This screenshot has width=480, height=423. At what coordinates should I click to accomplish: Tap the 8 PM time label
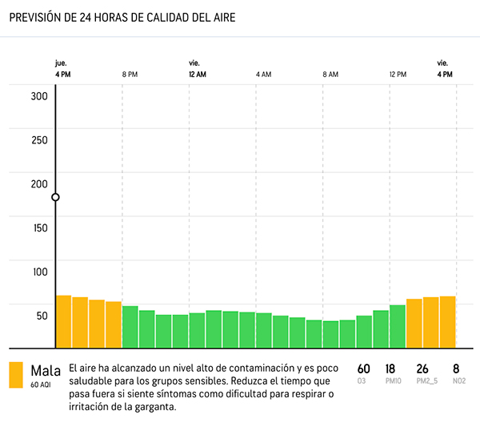tap(130, 74)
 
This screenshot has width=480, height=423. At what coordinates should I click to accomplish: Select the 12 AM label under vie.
tap(198, 74)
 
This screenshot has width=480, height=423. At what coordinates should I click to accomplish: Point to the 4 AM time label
tap(263, 74)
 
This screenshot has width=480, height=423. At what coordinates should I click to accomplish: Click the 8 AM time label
tap(330, 74)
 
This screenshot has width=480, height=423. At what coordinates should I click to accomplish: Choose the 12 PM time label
tap(398, 74)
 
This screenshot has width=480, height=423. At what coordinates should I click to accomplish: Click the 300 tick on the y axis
tap(39, 96)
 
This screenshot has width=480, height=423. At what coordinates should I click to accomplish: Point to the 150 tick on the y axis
tap(39, 228)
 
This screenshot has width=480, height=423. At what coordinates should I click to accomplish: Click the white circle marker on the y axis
tap(55, 197)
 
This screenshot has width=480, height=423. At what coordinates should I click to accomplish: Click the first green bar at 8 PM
tap(130, 327)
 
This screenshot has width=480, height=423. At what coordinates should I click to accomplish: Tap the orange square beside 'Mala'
tap(16, 375)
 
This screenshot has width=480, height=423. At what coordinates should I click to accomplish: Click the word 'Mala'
tap(46, 370)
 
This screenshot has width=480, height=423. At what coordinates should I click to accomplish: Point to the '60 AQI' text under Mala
tap(41, 385)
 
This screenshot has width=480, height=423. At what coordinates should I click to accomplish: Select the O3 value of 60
tap(363, 369)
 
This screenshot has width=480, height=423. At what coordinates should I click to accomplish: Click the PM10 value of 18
tap(391, 369)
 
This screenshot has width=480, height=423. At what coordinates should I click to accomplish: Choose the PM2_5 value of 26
tap(422, 369)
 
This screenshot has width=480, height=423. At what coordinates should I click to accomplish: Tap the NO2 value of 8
tap(456, 369)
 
